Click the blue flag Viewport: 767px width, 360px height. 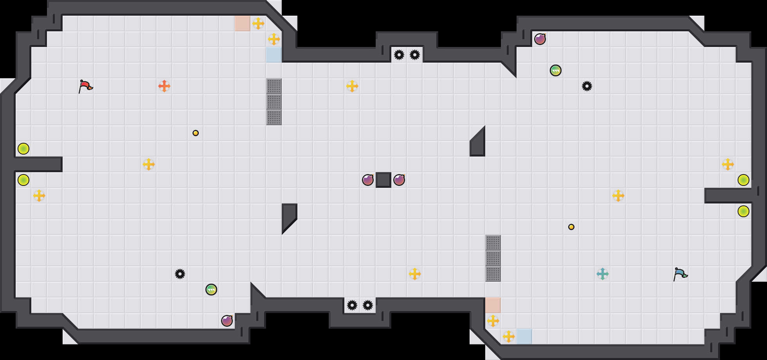coord(680,274)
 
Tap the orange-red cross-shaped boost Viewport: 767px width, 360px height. coord(164,86)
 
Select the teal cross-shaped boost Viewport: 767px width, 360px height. coord(603,274)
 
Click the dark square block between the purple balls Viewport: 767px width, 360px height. coord(383,180)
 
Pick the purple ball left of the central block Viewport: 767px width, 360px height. coord(368,180)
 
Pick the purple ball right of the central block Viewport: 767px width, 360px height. coord(399,180)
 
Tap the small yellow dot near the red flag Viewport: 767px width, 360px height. coord(196,133)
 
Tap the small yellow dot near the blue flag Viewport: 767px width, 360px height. coord(571,227)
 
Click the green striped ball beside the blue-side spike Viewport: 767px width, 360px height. coord(556,70)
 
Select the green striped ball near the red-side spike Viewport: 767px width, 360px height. coord(211,290)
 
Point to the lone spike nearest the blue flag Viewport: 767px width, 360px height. coord(587,86)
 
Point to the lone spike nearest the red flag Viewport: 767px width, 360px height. coord(180,274)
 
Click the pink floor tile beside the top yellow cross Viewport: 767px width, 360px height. coord(243,23)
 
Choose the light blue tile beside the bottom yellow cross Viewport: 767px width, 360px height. coord(524,337)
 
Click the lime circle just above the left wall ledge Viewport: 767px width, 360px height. coord(23,149)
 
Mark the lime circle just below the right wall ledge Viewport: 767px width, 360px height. coord(744,211)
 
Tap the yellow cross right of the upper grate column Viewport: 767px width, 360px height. coord(352,86)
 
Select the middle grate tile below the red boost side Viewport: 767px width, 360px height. coord(274,102)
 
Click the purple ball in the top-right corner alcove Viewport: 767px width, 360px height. coord(540,39)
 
